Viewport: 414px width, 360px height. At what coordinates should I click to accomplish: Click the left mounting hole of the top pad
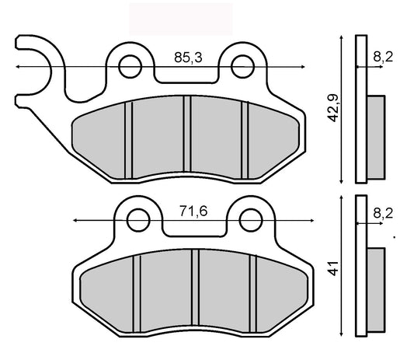(128, 62)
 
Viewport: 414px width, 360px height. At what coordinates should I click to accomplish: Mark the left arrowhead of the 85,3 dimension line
(17, 68)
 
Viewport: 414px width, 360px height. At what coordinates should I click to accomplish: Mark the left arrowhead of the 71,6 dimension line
(75, 222)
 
